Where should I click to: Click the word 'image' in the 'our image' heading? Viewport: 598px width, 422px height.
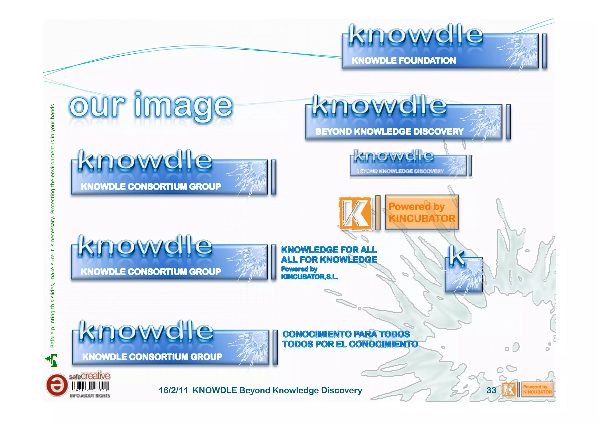tap(183, 106)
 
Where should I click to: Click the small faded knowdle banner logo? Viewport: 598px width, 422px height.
tap(410, 163)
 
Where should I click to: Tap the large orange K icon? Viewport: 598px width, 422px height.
tap(356, 213)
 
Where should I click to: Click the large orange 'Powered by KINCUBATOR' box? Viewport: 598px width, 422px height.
tap(422, 212)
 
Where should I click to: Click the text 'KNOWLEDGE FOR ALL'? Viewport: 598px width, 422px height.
tap(329, 250)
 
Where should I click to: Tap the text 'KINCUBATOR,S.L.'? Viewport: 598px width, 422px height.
tap(309, 277)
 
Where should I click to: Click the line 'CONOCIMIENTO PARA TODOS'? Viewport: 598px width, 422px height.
tap(346, 334)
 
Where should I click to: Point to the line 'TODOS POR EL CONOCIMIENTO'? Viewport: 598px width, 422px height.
tap(350, 344)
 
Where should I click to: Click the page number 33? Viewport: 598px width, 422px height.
tap(491, 390)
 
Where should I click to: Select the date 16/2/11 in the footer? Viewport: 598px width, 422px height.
tap(173, 391)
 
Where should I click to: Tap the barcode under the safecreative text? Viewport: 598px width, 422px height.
tap(90, 386)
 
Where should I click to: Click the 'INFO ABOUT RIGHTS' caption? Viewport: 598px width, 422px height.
tap(90, 396)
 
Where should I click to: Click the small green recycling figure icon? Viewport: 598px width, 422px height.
tap(52, 360)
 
